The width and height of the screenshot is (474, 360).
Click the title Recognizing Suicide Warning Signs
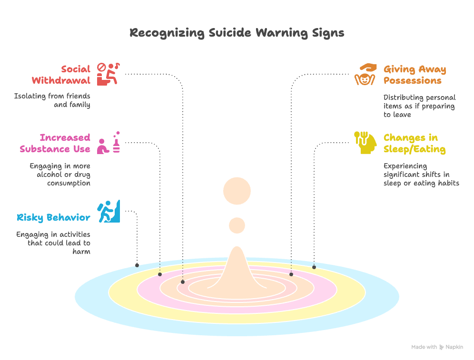pyautogui.click(x=237, y=33)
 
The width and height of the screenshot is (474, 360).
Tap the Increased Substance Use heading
pyautogui.click(x=55, y=143)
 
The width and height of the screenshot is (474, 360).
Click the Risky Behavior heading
pyautogui.click(x=53, y=218)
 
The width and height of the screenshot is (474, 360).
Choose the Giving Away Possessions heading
pyautogui.click(x=415, y=75)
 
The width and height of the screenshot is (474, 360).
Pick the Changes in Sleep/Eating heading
pyautogui.click(x=414, y=143)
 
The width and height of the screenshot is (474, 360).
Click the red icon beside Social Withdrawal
pyautogui.click(x=108, y=74)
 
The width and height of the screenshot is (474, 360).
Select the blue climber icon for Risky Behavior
pyautogui.click(x=109, y=211)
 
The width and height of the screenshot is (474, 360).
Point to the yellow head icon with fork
pyautogui.click(x=365, y=143)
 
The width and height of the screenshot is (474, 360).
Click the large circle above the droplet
pyautogui.click(x=237, y=191)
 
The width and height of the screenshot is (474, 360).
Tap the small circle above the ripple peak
pyautogui.click(x=237, y=225)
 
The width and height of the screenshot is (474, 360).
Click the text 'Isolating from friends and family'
pyautogui.click(x=52, y=100)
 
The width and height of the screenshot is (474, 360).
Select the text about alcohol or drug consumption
pyautogui.click(x=60, y=175)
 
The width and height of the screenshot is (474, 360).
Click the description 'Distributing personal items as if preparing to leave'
pyautogui.click(x=419, y=106)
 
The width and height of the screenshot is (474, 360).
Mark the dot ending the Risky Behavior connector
pyautogui.click(x=137, y=265)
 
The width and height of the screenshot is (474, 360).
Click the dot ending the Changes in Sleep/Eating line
pyautogui.click(x=314, y=267)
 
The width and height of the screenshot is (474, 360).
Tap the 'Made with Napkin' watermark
pyautogui.click(x=437, y=347)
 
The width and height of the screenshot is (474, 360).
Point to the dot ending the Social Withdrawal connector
pyautogui.click(x=183, y=282)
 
